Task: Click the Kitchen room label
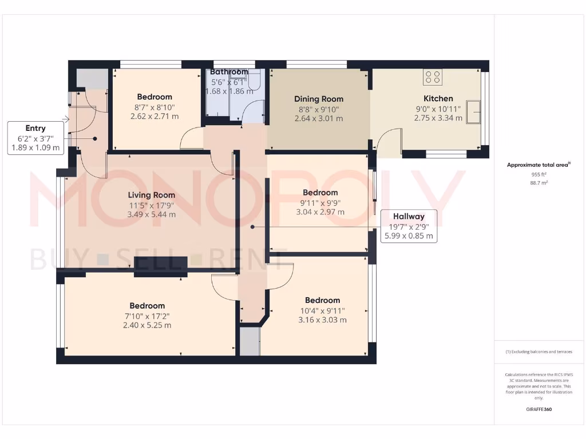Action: click(438, 98)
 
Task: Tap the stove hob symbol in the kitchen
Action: click(432, 77)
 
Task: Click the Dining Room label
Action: click(318, 99)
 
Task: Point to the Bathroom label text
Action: click(229, 72)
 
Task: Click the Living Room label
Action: click(151, 195)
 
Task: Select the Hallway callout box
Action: click(409, 226)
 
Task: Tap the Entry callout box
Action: click(35, 138)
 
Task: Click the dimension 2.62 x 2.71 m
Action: click(155, 116)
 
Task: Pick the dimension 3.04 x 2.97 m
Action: click(320, 211)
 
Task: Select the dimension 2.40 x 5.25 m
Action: click(147, 325)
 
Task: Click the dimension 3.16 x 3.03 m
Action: click(322, 320)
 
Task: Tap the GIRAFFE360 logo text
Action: click(539, 409)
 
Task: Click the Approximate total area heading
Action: click(538, 165)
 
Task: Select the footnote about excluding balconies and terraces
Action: click(539, 352)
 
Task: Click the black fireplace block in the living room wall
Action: click(161, 266)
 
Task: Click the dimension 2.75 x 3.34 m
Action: click(438, 118)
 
